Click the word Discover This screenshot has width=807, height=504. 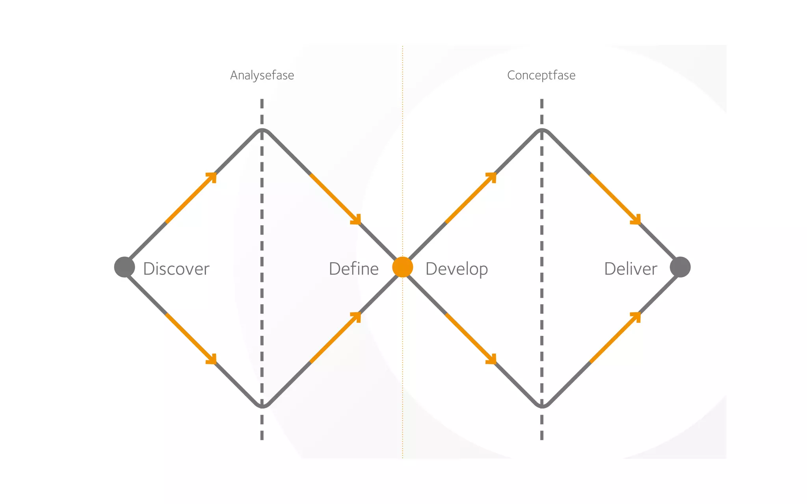(176, 269)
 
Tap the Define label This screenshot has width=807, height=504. (353, 269)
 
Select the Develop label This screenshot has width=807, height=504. (457, 269)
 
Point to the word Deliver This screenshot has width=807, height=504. (630, 269)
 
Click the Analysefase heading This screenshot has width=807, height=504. (262, 75)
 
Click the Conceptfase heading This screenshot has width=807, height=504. (541, 75)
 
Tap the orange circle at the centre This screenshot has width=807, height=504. (402, 267)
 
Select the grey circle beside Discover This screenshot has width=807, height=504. (125, 267)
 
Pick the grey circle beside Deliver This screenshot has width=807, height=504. (680, 267)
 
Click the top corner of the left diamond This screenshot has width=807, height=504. (262, 130)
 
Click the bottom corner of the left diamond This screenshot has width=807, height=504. (262, 406)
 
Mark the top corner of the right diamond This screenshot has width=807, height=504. (542, 130)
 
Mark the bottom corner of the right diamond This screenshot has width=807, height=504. (542, 406)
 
